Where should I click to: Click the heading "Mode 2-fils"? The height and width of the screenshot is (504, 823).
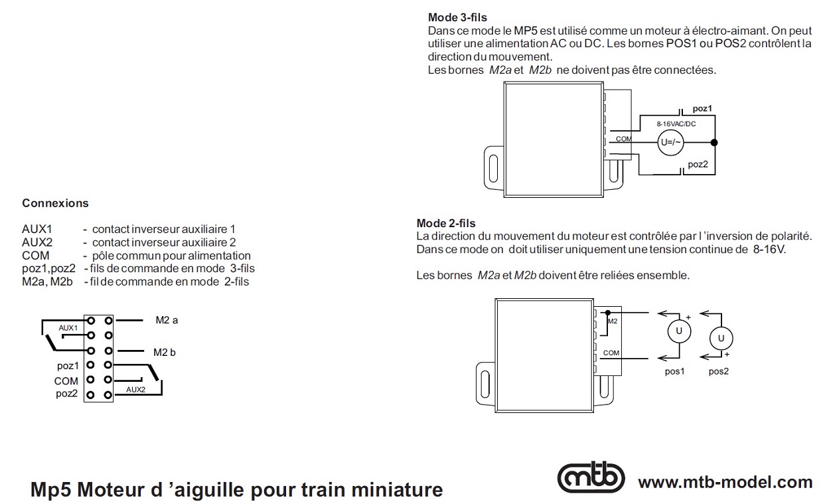(446, 224)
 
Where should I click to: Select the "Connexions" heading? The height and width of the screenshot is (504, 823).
(55, 203)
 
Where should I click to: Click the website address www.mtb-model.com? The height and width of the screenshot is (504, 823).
(725, 482)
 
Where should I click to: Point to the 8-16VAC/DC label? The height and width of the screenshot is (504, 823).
(676, 124)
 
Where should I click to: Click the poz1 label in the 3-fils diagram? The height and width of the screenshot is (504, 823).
(702, 108)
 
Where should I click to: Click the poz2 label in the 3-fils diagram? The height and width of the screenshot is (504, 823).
(698, 164)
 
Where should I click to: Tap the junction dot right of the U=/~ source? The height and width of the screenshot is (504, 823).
(714, 143)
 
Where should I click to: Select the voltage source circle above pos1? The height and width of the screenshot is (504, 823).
(678, 331)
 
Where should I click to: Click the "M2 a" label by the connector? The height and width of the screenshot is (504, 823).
(167, 320)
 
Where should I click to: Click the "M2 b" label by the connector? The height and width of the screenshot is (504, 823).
(165, 353)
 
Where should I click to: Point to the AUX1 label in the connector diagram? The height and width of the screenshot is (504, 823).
(68, 328)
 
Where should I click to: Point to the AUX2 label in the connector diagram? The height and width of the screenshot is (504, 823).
(135, 389)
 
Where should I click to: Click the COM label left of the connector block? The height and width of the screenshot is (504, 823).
(66, 380)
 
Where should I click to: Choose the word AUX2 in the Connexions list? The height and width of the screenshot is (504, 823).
(37, 243)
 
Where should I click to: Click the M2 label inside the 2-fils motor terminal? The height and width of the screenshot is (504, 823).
(613, 321)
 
